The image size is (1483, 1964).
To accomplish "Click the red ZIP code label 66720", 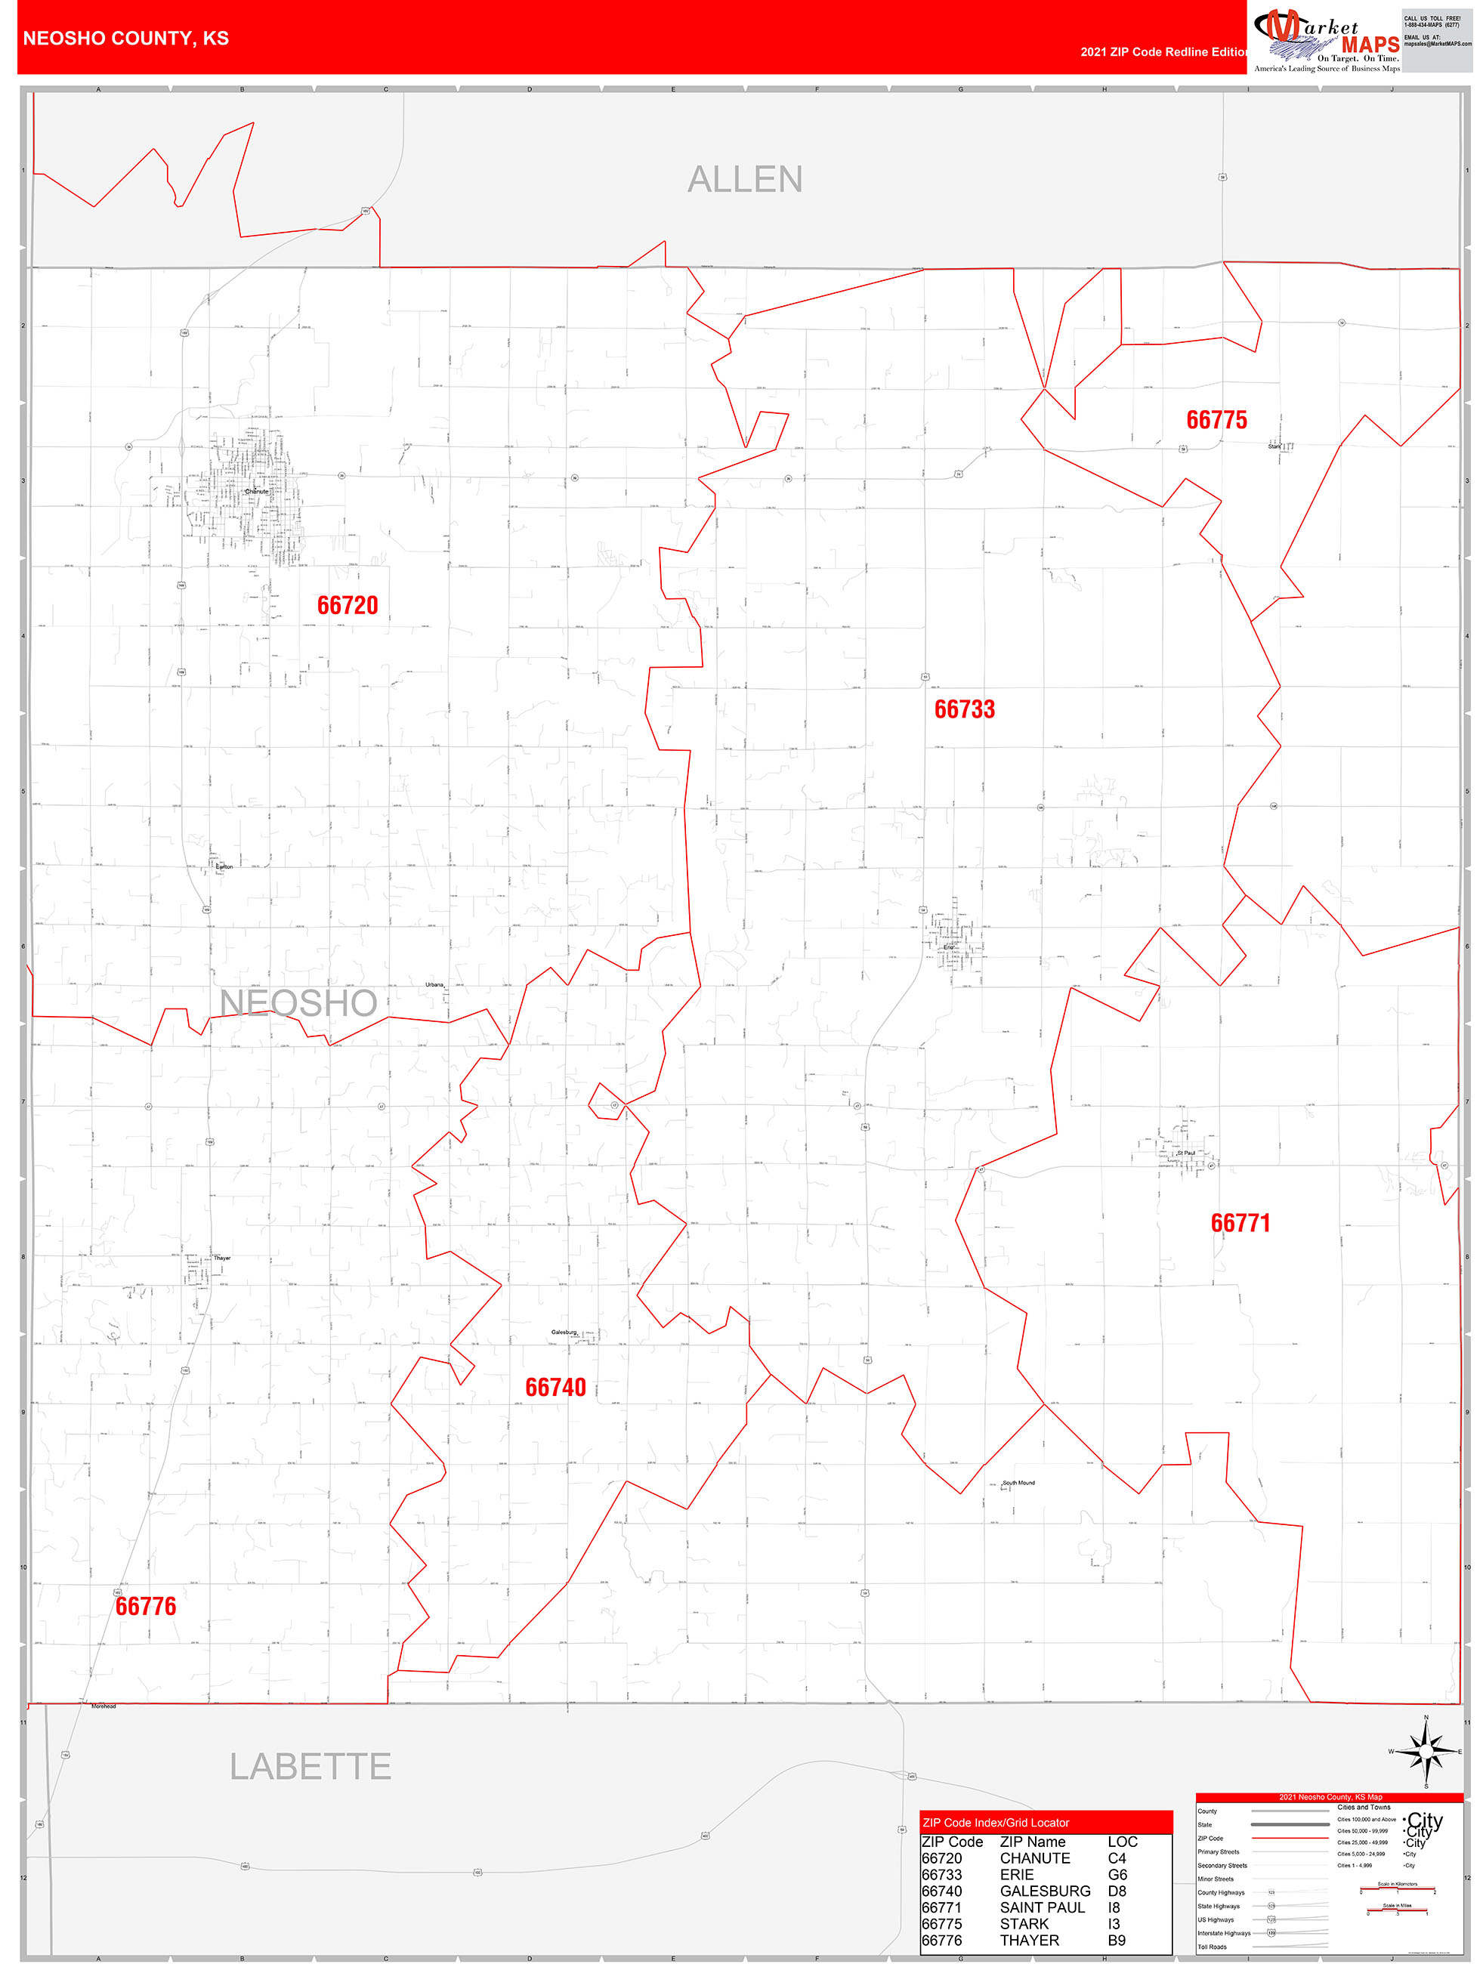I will coord(348,606).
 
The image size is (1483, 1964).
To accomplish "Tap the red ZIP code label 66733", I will coord(965,709).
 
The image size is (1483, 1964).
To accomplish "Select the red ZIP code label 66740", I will coord(555,1387).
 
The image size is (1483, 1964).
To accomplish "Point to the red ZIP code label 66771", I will coord(1240,1224).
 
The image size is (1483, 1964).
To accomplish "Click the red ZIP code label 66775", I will coord(1216,420).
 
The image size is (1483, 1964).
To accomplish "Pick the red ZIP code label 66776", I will coord(146,1606).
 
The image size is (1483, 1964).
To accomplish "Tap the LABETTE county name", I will coord(310,1767).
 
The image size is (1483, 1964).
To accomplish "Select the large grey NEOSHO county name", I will coord(298,1003).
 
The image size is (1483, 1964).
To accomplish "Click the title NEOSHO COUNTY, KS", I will coord(126,39).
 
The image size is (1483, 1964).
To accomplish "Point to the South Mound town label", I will coord(1018,1483).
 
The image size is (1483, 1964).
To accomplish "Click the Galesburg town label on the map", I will coord(564,1332).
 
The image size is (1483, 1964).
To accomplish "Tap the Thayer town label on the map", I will coord(222,1258).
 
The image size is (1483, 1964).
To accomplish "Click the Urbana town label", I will coord(434,985).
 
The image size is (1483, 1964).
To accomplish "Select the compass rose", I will coord(1426,1752).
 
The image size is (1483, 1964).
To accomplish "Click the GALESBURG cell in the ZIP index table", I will coord(1046,1891).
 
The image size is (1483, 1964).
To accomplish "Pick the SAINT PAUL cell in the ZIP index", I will coord(1042,1907).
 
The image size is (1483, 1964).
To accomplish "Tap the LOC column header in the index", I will coord(1123,1842).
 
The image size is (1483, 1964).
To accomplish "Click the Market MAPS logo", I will coord(1327,40).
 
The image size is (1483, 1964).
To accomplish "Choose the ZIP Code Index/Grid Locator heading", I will coord(996,1823).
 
